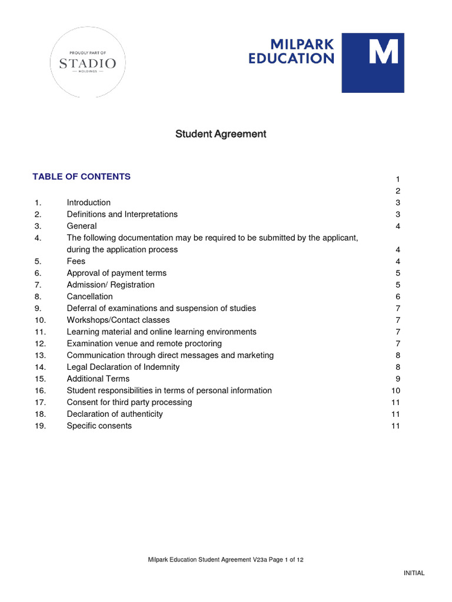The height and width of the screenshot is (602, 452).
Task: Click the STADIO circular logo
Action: (x=88, y=63)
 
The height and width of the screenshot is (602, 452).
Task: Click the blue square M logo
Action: (x=373, y=63)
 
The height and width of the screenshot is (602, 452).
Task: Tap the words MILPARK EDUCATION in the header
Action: (x=291, y=52)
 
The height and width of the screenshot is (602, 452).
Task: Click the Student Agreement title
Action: (x=221, y=134)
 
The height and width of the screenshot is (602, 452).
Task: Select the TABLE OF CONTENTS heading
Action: (x=82, y=176)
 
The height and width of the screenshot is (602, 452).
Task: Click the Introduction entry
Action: (x=88, y=202)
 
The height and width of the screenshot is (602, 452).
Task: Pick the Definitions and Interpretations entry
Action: (x=122, y=214)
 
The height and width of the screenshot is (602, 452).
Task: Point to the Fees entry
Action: (x=76, y=261)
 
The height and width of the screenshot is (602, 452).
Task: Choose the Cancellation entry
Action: (x=89, y=296)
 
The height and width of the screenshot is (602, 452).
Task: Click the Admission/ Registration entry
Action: (x=111, y=285)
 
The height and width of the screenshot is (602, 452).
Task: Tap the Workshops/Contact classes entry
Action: (x=118, y=320)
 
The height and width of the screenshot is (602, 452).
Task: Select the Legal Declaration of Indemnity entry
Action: (x=123, y=367)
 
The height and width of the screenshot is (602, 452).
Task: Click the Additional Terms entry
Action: (x=98, y=379)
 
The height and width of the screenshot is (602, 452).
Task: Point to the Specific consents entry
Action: (x=99, y=426)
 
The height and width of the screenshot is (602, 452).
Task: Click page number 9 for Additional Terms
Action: (x=398, y=379)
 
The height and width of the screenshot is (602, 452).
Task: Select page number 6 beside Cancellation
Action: (x=398, y=296)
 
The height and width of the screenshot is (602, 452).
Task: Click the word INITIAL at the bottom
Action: (x=414, y=573)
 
